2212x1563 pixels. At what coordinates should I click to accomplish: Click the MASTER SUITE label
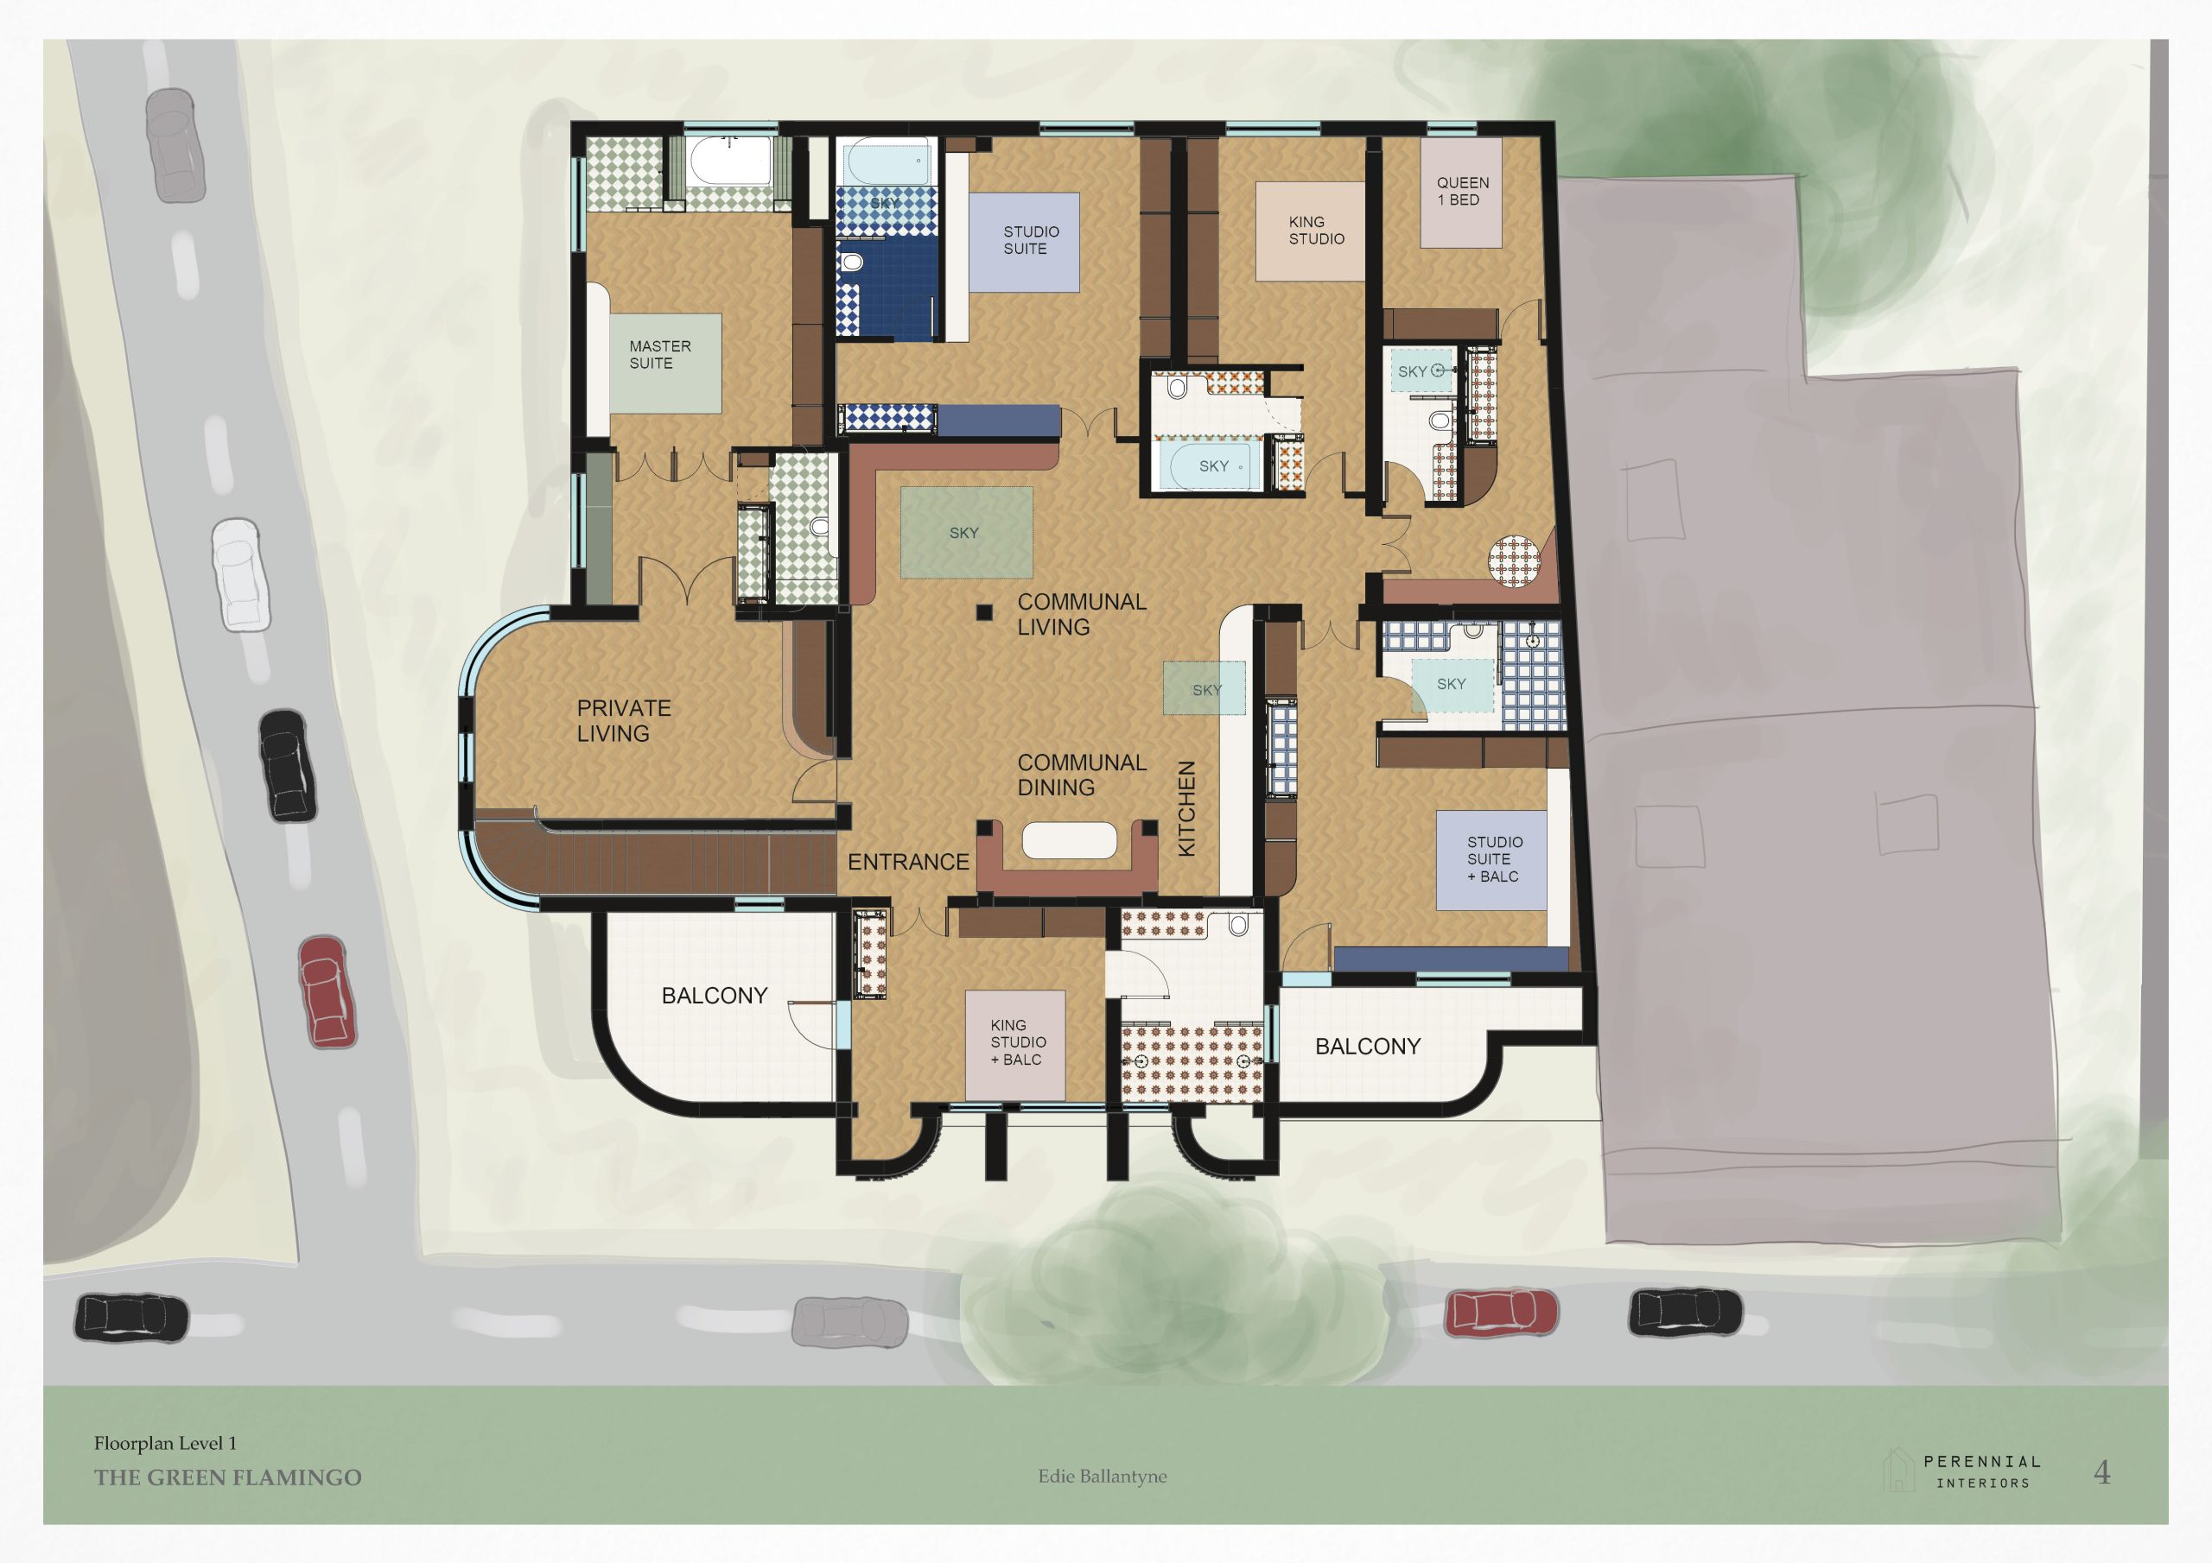660,354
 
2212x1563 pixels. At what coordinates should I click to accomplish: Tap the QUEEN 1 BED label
1463,191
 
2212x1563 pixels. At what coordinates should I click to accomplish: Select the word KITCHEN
1187,808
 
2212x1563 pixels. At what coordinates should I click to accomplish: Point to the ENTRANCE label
907,862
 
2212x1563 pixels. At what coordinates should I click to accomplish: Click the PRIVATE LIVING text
623,720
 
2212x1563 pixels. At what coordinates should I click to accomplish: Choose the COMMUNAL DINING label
1082,775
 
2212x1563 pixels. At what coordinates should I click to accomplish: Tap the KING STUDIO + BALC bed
1015,1044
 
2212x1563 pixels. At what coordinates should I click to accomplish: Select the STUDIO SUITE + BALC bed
1491,860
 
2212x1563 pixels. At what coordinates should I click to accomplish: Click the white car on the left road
236,574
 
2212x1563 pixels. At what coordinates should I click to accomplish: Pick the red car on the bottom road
1500,1312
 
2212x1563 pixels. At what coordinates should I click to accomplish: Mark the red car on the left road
327,992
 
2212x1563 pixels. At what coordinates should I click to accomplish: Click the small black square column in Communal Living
983,611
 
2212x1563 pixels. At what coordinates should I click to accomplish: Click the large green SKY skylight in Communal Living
966,533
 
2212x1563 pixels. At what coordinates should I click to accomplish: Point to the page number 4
2102,1471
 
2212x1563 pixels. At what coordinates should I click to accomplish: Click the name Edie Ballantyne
1103,1476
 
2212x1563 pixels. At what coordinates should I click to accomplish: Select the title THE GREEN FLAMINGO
227,1478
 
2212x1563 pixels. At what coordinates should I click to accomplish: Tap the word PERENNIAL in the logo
1983,1461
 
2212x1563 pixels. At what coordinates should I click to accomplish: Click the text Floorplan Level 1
165,1443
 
